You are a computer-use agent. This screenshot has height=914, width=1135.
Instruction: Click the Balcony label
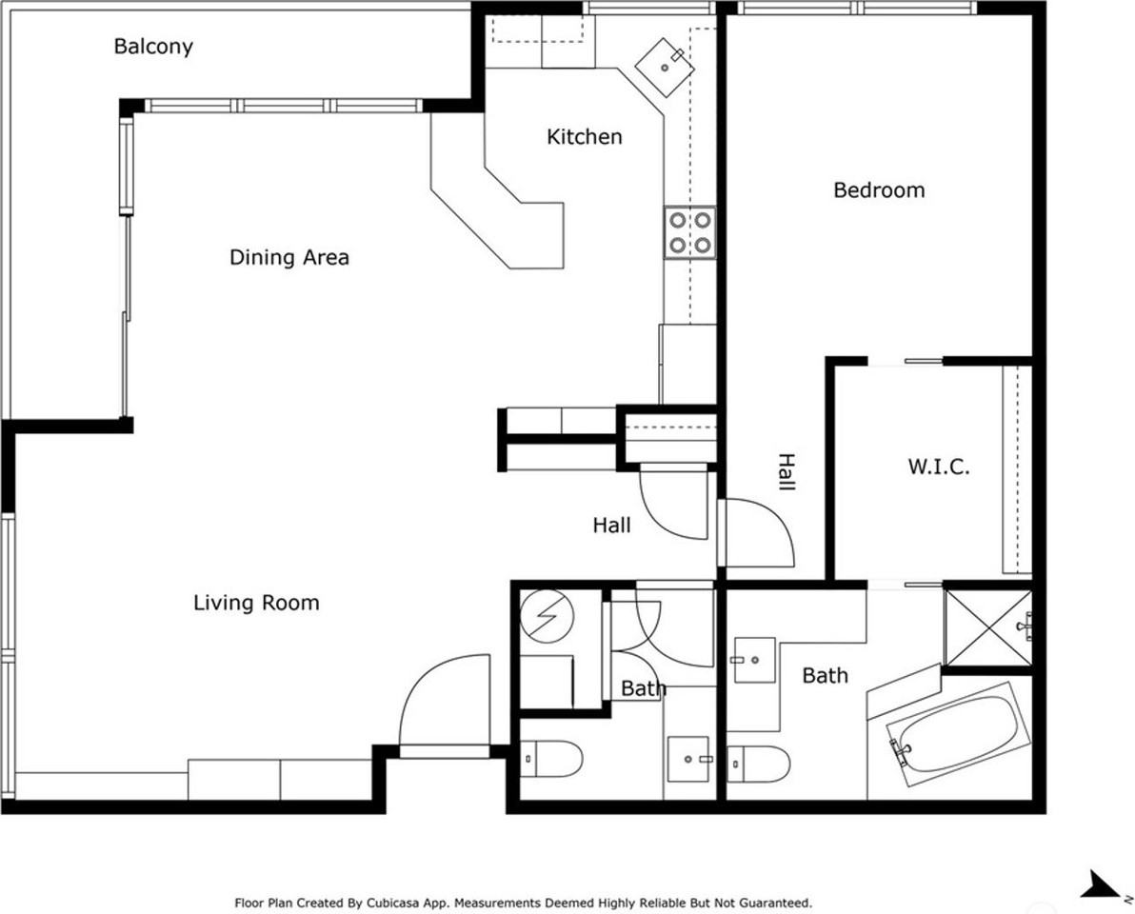coord(153,46)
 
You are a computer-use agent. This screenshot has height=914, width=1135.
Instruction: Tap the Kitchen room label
coord(584,137)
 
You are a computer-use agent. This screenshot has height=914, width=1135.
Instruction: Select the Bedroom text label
coord(878,190)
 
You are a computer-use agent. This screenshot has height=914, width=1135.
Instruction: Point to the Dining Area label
coord(289,257)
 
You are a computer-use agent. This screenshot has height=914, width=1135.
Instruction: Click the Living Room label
coord(256,603)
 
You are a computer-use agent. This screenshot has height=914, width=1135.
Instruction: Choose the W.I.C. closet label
coord(938,467)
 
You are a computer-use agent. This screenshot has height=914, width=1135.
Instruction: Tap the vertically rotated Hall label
coord(786,472)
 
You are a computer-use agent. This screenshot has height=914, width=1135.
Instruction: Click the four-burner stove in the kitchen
coord(690,232)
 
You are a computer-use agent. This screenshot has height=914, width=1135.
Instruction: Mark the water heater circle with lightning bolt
coord(548,617)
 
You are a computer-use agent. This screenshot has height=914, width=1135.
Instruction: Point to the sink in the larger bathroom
coord(753,660)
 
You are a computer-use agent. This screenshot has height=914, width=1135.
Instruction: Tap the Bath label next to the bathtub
coord(825,676)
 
